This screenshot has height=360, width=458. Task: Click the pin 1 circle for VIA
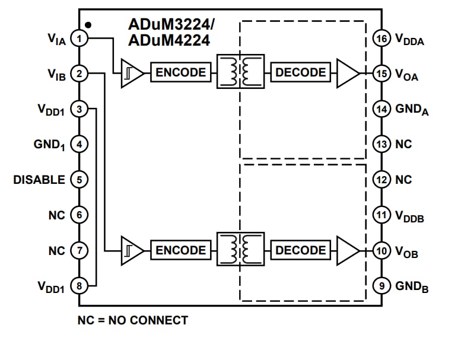point(79,39)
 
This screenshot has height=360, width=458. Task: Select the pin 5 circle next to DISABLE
point(79,180)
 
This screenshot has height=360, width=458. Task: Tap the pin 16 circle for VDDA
point(381,39)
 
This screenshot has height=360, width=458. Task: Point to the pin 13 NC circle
point(381,144)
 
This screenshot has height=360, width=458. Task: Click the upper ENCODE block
point(181,73)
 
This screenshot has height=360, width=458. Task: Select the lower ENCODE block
point(181,250)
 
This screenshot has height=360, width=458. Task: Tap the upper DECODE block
point(301,73)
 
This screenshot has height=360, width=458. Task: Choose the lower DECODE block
point(301,250)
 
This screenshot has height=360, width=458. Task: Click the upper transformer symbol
point(241,73)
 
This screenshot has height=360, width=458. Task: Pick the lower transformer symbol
point(241,250)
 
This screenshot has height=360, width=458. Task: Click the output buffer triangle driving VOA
point(347,73)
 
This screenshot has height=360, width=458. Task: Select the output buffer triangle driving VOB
point(347,250)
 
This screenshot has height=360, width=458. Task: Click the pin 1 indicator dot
point(88,25)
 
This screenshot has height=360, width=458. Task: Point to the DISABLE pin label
point(39,180)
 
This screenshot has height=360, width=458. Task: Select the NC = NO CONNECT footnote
point(133,320)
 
